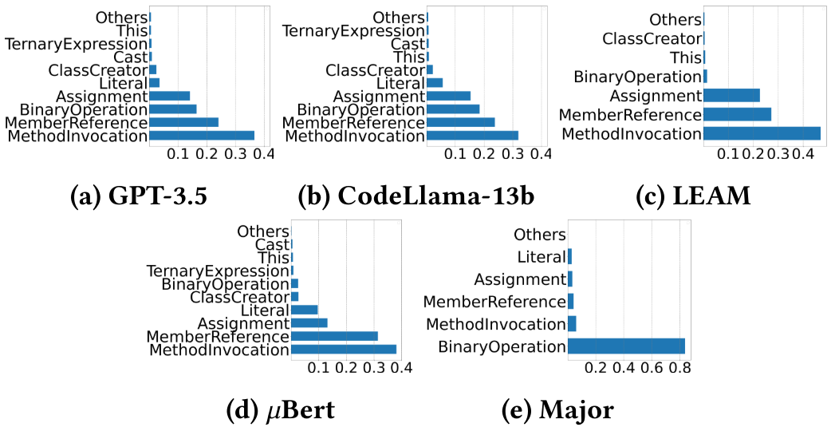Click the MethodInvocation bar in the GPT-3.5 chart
point(202,136)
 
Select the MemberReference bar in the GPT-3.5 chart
point(183,123)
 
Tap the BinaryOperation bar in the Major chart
point(626,346)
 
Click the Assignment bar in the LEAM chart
point(731,96)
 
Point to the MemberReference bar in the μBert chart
point(334,336)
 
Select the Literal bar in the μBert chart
point(305,310)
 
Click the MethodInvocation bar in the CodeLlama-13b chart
point(472,136)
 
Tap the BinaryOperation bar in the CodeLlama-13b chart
point(453,109)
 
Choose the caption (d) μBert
point(280,410)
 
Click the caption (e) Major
point(557,410)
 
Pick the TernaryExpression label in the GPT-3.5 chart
point(76,44)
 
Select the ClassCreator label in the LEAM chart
point(652,38)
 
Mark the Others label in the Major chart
point(539,235)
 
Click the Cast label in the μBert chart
point(271,245)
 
